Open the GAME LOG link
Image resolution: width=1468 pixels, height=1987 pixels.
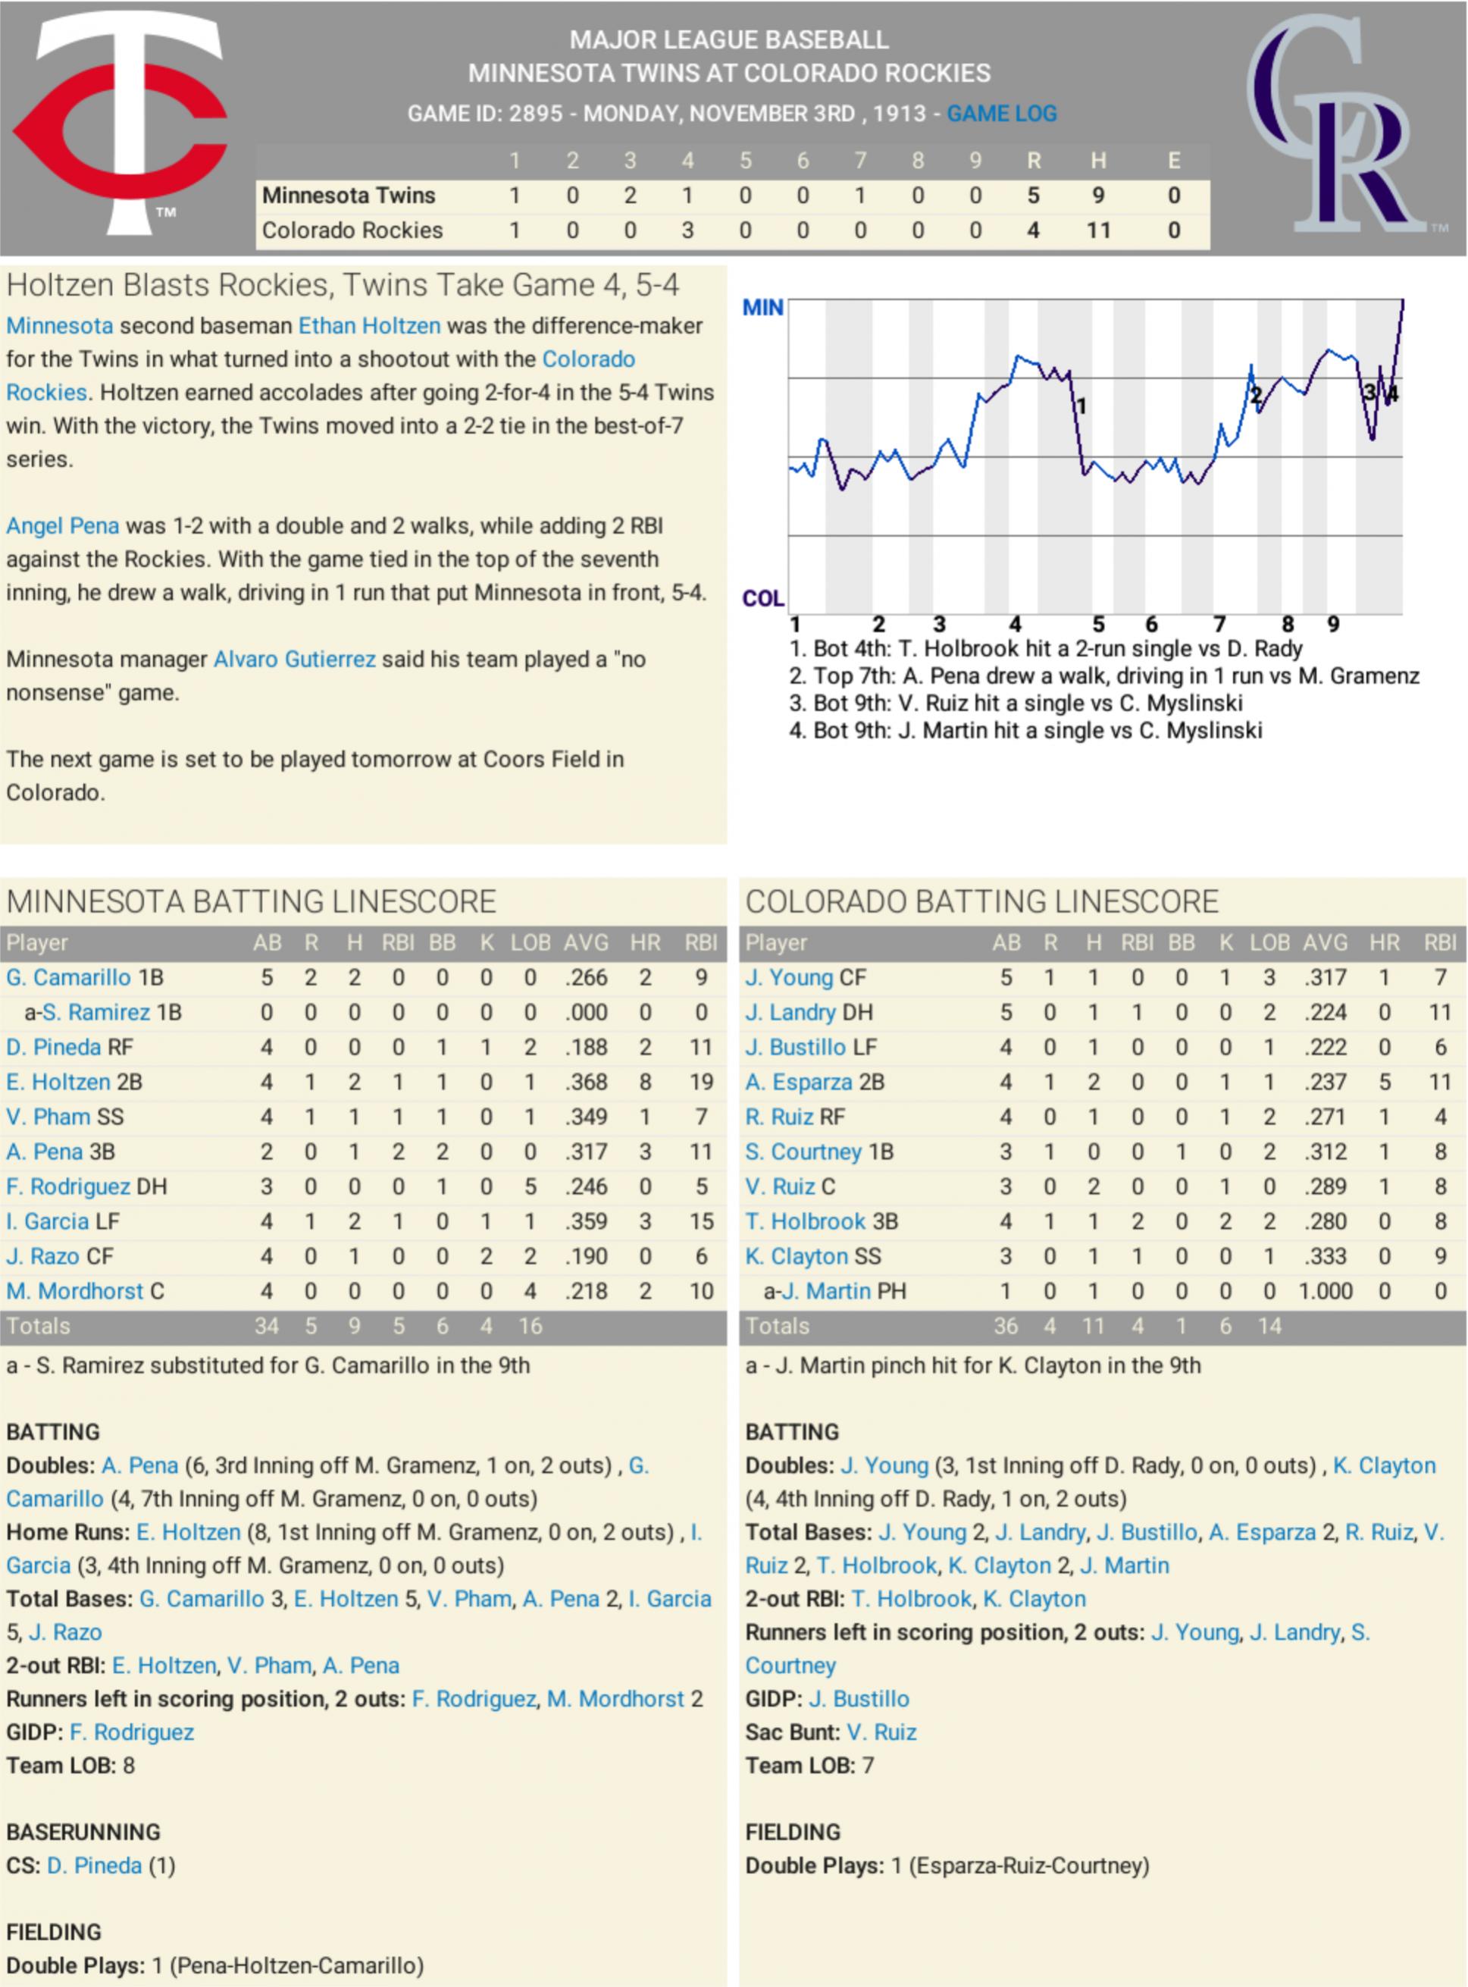coord(1001,114)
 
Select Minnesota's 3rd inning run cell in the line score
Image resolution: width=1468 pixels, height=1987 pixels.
coord(629,196)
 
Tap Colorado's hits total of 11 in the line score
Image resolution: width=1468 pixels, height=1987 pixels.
coord(1098,230)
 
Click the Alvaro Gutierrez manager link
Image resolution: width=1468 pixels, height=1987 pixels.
coord(294,660)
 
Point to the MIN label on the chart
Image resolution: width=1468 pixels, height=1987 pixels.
coord(762,308)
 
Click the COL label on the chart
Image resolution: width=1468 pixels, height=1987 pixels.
coord(762,598)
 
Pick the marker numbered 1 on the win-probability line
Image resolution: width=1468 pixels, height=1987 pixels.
coord(1081,406)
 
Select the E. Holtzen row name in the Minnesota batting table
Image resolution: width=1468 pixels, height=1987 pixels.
coord(58,1082)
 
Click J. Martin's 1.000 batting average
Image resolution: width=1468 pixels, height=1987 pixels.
coord(1325,1291)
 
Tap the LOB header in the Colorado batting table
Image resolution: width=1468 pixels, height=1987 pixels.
coord(1269,943)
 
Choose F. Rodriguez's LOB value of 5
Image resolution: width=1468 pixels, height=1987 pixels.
coord(530,1186)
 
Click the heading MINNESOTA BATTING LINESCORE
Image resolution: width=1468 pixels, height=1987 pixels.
coord(251,901)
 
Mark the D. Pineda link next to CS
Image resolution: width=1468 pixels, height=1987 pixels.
coord(94,1865)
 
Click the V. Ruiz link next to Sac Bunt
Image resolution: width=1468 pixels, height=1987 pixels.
coord(881,1732)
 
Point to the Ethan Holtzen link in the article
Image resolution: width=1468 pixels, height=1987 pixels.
coord(369,326)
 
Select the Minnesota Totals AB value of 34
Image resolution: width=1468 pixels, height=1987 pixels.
coord(266,1326)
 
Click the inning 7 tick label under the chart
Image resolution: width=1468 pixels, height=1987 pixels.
coord(1219,624)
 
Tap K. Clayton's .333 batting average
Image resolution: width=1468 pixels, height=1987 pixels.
coord(1325,1256)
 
